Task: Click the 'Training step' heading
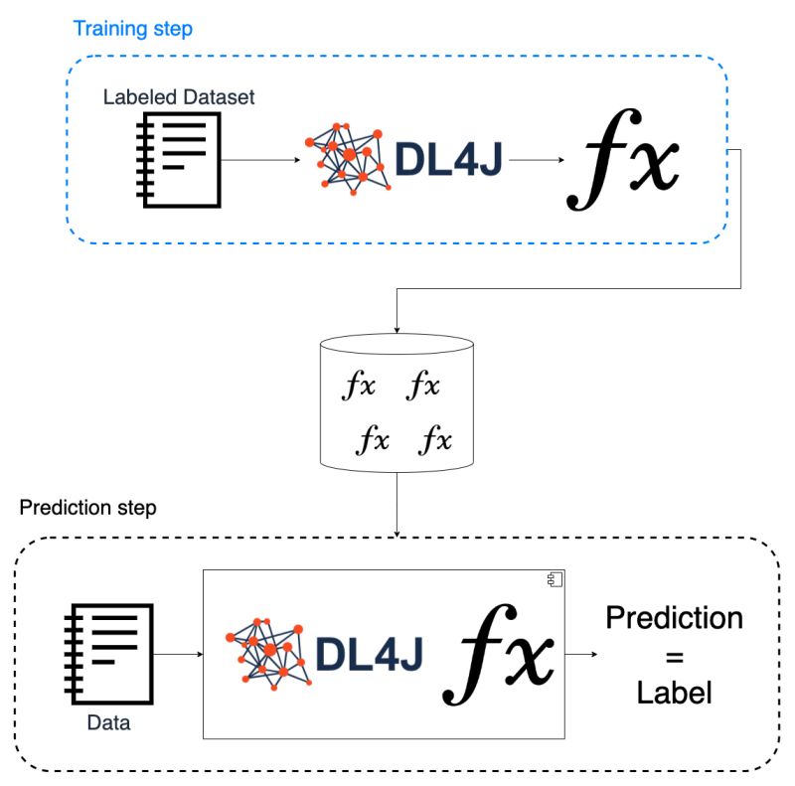(132, 28)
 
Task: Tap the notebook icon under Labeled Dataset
(177, 158)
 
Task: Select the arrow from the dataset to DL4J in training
(257, 159)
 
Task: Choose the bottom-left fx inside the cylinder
(373, 438)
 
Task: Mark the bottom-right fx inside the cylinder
(435, 438)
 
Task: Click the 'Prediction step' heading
(87, 508)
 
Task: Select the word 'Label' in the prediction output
(675, 692)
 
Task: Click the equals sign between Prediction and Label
(675, 655)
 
